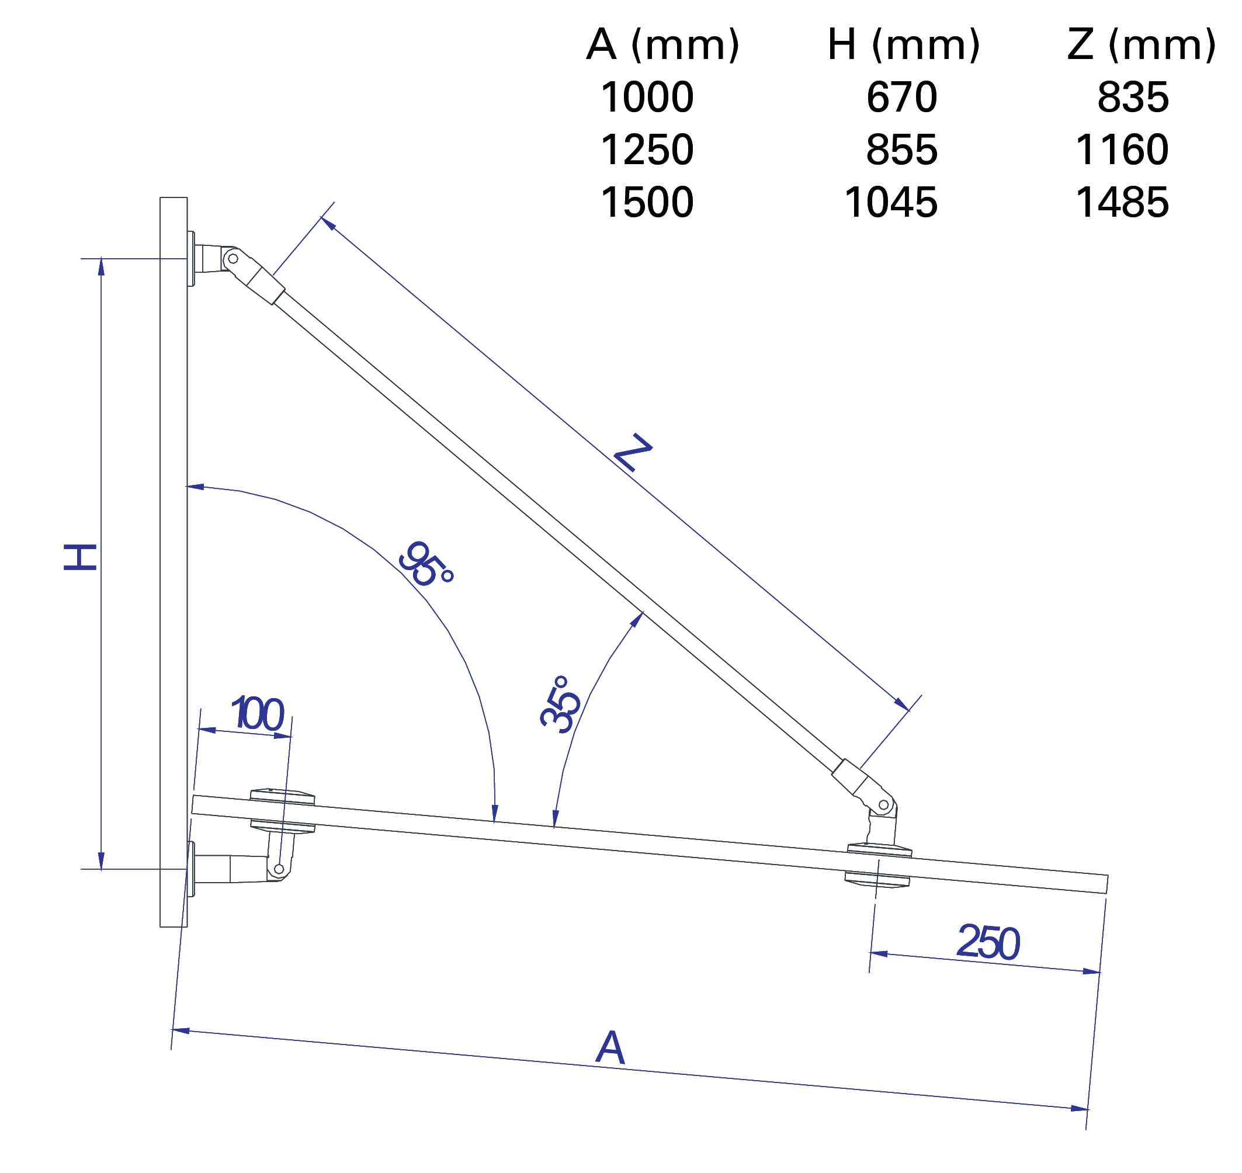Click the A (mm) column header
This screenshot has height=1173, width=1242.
662,45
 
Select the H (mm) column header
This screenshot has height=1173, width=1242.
903,45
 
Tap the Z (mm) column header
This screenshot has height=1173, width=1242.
1142,45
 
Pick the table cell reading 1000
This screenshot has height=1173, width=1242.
647,98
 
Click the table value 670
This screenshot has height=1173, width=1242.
901,98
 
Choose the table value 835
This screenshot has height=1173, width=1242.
1133,98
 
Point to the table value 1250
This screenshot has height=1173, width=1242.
647,150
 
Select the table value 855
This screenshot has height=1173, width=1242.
901,150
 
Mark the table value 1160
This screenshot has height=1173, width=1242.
1122,150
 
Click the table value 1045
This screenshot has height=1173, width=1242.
890,203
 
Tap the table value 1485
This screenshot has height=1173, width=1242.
1122,203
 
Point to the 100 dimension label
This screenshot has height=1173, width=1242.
258,713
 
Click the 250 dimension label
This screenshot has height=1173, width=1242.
988,942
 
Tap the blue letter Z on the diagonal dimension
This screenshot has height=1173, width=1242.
633,452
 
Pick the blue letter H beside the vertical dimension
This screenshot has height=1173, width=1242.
81,557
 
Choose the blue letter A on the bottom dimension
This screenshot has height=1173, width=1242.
610,1047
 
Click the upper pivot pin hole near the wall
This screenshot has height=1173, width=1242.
233,258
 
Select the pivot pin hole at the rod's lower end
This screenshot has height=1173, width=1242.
883,805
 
